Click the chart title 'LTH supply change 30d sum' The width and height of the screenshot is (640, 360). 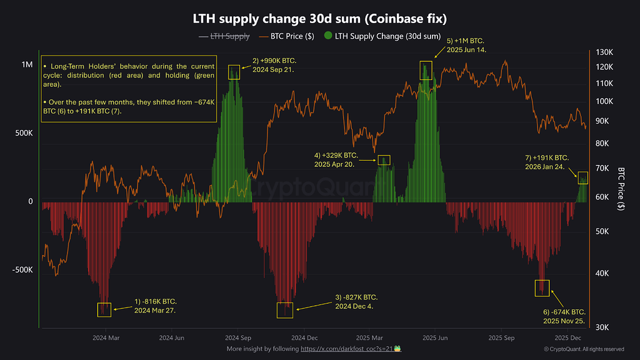[x=319, y=19]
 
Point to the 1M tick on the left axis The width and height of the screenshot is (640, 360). [x=27, y=65]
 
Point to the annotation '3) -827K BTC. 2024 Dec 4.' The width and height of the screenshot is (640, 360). [x=356, y=301]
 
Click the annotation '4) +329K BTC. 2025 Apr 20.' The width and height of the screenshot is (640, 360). [x=336, y=159]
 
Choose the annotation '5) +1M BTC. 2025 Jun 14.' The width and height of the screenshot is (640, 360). [x=466, y=44]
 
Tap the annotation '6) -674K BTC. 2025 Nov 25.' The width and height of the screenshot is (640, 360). [x=564, y=316]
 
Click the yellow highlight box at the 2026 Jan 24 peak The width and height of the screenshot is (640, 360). [x=582, y=177]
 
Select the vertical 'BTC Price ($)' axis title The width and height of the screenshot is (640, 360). [x=621, y=189]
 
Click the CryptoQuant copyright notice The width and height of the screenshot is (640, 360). [x=584, y=349]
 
